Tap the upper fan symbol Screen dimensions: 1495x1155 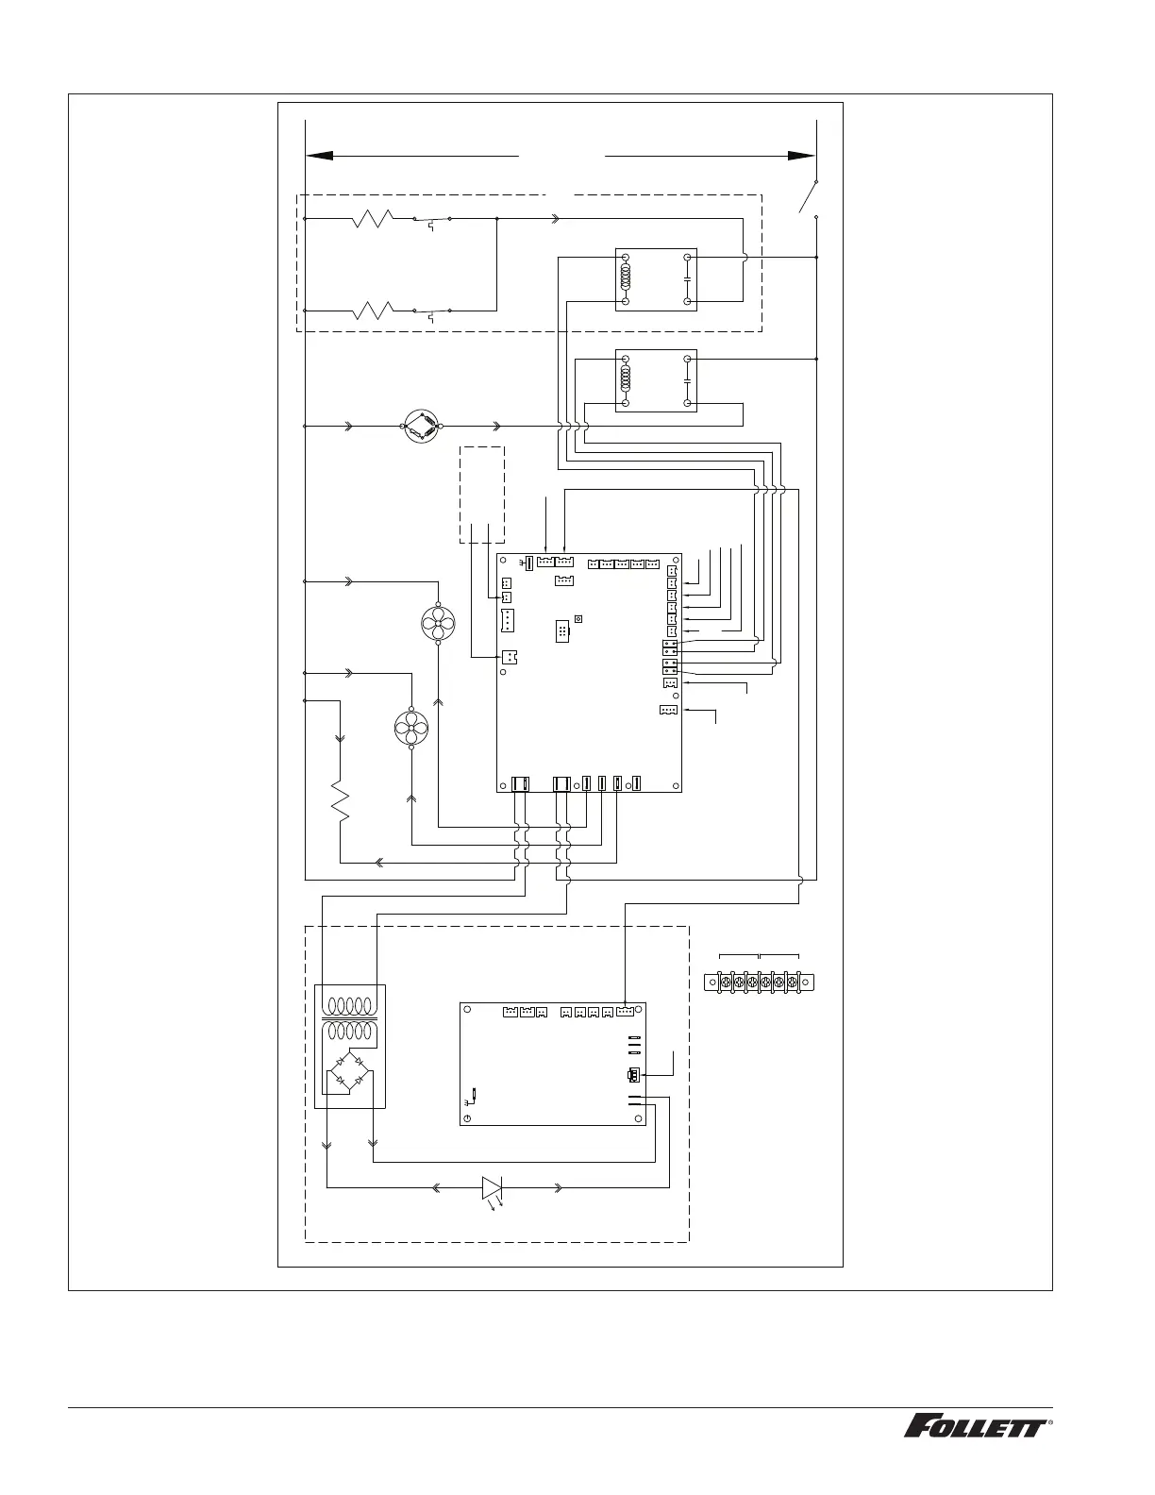tap(437, 621)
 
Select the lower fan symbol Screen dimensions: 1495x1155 tap(410, 726)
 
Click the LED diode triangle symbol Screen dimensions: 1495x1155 tap(492, 1187)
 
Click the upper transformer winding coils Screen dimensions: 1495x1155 tap(350, 1005)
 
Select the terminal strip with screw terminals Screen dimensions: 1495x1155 tap(759, 983)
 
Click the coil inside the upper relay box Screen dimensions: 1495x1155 tap(625, 278)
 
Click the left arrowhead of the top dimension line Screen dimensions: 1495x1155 tap(321, 155)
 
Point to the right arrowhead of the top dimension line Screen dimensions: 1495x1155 tap(802, 155)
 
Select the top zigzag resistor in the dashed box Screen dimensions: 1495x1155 tap(373, 220)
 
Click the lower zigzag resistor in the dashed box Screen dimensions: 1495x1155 tap(373, 309)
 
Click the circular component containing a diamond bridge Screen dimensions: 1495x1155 tap(421, 427)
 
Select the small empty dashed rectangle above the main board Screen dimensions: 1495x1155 tap(481, 495)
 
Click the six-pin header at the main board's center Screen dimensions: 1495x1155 tap(561, 631)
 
